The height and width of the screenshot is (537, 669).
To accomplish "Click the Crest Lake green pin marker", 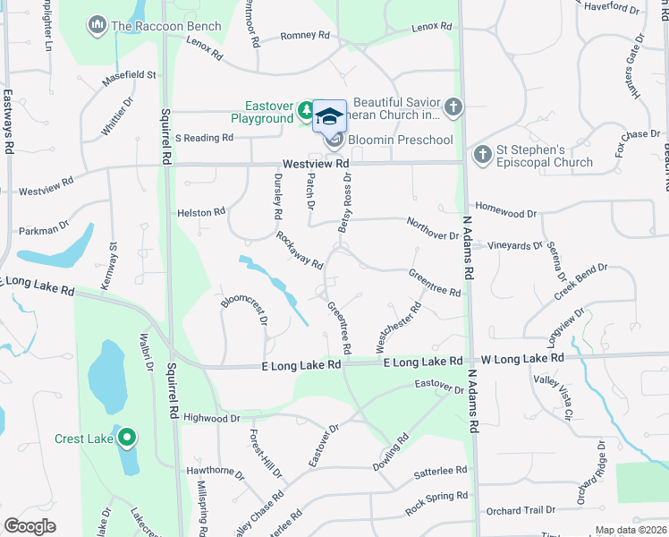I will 127,438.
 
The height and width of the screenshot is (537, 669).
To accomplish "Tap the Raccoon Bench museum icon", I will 97,26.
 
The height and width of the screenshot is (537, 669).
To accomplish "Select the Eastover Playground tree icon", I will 307,110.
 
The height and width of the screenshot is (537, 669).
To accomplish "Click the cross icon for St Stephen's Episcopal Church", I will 482,155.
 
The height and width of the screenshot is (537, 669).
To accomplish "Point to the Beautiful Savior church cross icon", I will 453,108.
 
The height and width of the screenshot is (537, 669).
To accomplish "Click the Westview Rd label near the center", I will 315,165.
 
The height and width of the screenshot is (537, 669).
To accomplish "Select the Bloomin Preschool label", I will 400,140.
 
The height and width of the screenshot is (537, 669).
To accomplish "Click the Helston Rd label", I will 201,212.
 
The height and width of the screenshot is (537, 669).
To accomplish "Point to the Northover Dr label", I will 432,228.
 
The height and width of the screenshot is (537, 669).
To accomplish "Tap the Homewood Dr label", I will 505,214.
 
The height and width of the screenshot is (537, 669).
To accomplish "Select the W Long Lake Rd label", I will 522,358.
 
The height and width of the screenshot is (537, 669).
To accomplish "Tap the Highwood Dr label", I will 211,418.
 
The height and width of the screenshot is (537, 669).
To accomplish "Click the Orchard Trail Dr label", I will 521,511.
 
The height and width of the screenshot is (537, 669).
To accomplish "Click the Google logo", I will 30,526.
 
